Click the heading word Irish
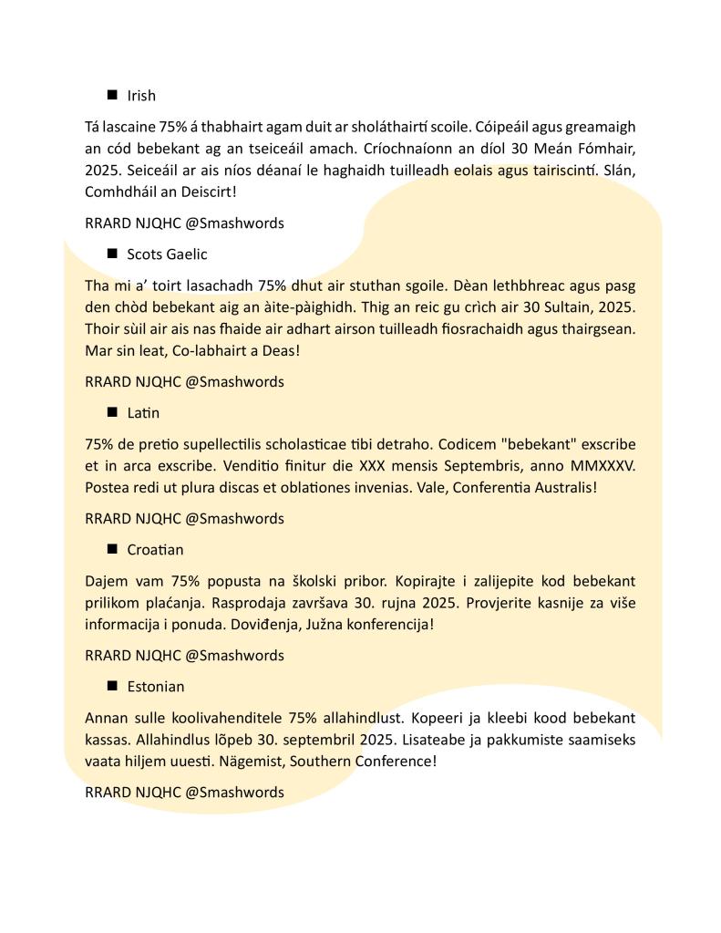click(x=141, y=96)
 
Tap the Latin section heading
click(x=143, y=413)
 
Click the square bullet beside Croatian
click(x=113, y=549)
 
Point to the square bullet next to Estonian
click(x=113, y=686)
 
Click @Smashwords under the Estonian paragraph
click(x=235, y=793)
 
